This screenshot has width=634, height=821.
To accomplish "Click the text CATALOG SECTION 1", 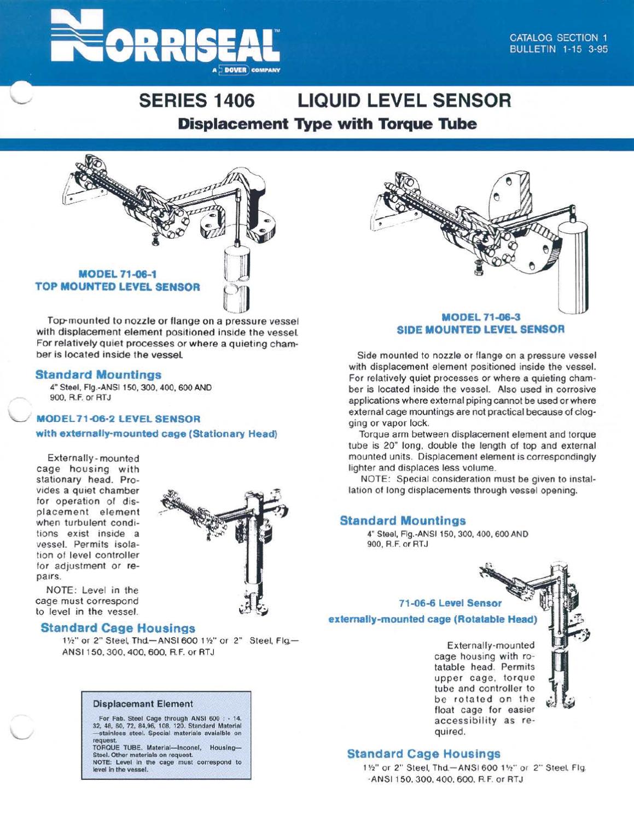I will click(558, 38).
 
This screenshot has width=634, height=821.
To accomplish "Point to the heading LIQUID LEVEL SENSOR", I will click(404, 101).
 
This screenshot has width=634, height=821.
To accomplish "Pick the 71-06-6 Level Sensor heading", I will click(450, 603).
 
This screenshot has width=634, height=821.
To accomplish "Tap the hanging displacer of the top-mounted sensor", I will click(237, 279).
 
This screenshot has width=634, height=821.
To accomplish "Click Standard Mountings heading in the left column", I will click(98, 375).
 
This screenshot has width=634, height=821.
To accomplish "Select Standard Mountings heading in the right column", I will click(403, 521).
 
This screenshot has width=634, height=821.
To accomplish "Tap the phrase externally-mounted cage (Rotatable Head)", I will click(432, 619).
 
